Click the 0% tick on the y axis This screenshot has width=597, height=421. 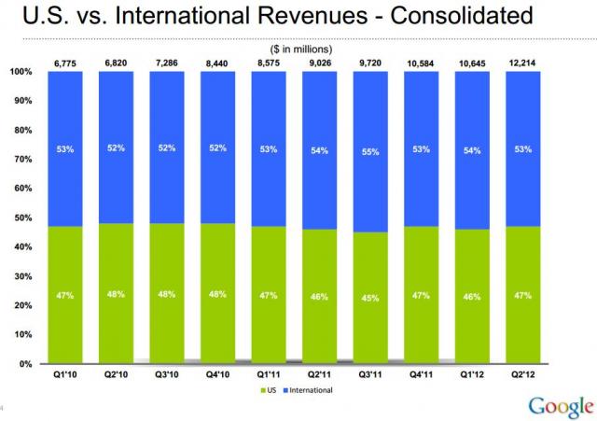pyautogui.click(x=27, y=363)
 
